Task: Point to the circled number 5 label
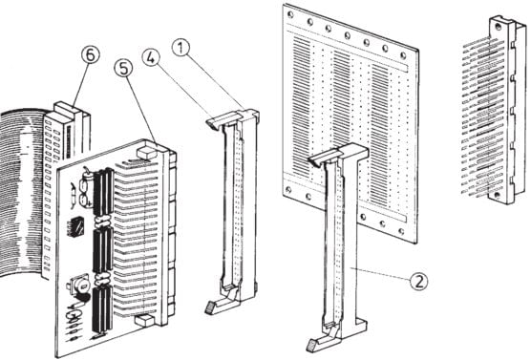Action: [x=122, y=70]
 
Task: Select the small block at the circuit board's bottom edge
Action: [x=142, y=322]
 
